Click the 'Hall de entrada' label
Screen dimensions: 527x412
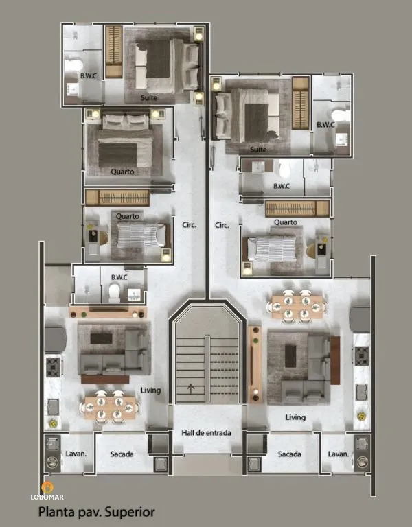tap(206, 433)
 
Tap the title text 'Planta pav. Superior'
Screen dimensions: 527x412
tap(96, 511)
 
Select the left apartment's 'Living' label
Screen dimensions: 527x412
tap(150, 390)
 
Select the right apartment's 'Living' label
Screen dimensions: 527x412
tap(296, 417)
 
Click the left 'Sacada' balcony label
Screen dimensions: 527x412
tap(122, 454)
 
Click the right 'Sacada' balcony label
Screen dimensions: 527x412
tap(290, 454)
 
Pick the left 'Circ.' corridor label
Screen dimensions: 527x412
tap(190, 224)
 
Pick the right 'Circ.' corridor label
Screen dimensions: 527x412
tap(222, 224)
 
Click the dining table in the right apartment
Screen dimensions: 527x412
tap(297, 305)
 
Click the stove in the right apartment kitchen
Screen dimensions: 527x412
tap(361, 355)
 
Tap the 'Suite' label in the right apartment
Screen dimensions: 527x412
tap(259, 148)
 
